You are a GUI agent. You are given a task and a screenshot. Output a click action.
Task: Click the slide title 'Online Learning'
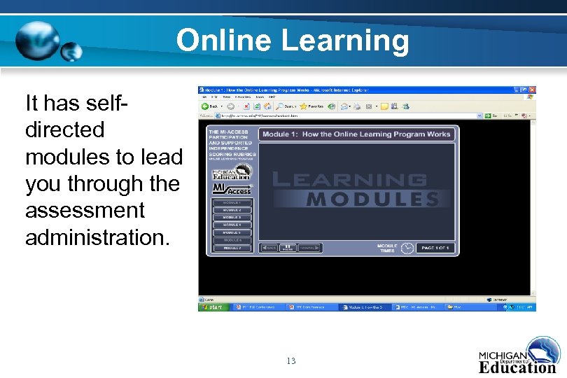[x=293, y=40]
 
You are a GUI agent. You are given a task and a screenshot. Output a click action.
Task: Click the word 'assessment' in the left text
[x=85, y=210]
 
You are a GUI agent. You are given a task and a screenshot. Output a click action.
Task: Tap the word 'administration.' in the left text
[x=97, y=237]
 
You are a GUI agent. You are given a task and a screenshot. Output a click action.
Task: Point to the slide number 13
[x=291, y=361]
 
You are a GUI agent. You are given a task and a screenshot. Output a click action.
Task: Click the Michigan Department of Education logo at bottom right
[x=517, y=356]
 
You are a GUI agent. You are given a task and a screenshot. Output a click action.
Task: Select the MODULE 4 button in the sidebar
[x=232, y=225]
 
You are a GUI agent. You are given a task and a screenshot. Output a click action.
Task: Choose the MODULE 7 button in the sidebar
[x=232, y=248]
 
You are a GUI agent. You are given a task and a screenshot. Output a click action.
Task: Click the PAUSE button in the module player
[x=288, y=248]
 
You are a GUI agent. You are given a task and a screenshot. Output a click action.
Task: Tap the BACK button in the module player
[x=269, y=248]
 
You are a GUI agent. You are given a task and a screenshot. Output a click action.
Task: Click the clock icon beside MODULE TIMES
[x=407, y=248]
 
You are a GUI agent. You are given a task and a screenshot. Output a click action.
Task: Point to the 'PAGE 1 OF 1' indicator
[x=435, y=248]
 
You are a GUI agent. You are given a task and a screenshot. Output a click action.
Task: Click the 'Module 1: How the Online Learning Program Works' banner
[x=356, y=134]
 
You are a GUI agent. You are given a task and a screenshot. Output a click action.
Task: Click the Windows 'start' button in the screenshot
[x=213, y=307]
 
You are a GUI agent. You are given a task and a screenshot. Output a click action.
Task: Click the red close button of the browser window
[x=532, y=90]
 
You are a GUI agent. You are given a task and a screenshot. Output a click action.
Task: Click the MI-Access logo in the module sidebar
[x=232, y=190]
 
